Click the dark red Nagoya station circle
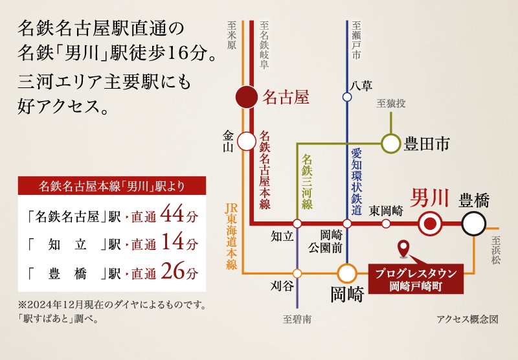247,98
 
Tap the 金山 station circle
247,141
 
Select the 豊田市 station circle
390,142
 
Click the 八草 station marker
347,97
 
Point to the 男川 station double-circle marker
430,224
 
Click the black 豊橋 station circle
473,224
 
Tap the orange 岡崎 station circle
347,274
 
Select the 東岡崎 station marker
387,224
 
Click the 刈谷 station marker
297,273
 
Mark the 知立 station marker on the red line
297,224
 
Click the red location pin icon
404,248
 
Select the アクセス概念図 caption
467,319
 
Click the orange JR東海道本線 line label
231,237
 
